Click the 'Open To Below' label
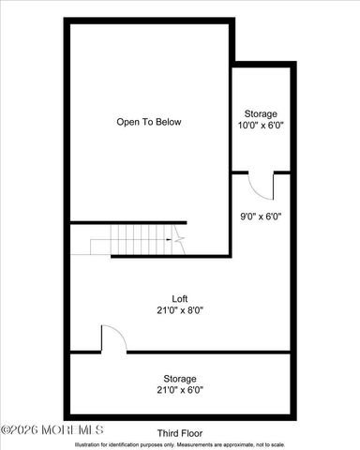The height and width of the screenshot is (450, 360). [148, 122]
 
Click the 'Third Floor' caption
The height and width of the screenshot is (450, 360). [179, 433]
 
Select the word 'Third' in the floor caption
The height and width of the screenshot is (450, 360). [168, 433]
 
